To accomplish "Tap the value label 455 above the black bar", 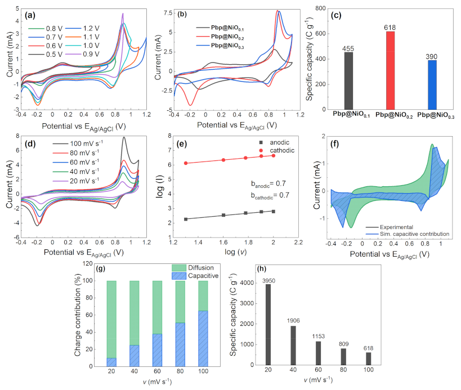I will click(348, 48).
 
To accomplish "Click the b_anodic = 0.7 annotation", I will click(267, 183).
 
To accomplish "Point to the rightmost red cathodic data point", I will click(274, 155).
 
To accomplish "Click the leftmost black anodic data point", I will click(186, 219).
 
